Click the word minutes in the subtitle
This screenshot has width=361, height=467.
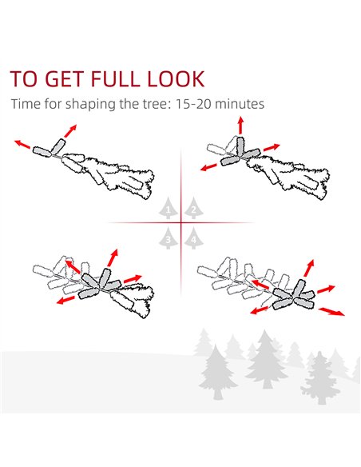point(240,104)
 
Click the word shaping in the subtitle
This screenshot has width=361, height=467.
point(90,105)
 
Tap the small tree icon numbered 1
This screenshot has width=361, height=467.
point(168,208)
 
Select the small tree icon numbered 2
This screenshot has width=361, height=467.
point(193,208)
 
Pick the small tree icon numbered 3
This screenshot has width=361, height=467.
point(168,237)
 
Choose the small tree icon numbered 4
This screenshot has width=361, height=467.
point(193,237)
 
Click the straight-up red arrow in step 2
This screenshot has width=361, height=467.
point(240,125)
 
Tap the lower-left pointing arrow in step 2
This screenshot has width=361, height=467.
point(208,167)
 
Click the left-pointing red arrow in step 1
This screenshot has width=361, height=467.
point(22,144)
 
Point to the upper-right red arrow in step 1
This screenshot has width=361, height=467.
point(70,131)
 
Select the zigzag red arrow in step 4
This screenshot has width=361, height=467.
point(331,311)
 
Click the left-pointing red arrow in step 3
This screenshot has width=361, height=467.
point(65,300)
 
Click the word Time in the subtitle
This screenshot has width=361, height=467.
point(26,104)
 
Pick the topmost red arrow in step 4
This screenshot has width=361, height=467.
point(309,268)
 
